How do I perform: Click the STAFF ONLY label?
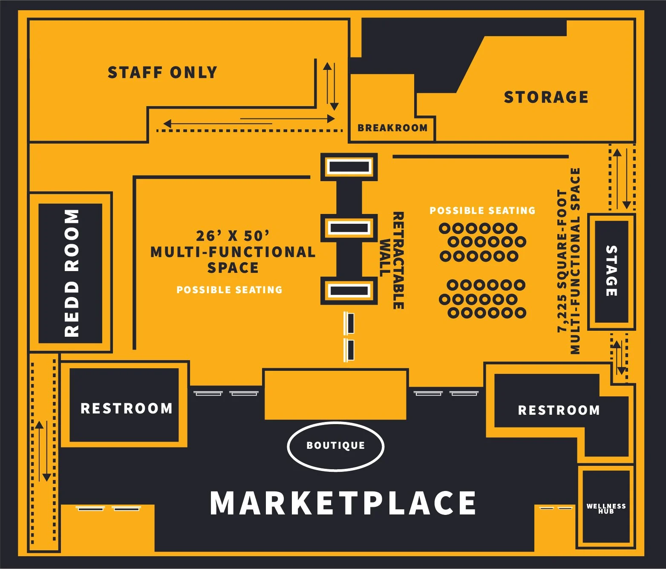pyautogui.click(x=162, y=72)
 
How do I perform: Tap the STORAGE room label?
pyautogui.click(x=546, y=97)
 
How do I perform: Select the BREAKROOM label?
pyautogui.click(x=392, y=128)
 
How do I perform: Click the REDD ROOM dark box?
pyautogui.click(x=71, y=273)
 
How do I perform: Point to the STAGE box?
pyautogui.click(x=611, y=272)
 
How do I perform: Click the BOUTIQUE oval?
pyautogui.click(x=336, y=446)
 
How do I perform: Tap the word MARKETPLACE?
pyautogui.click(x=343, y=503)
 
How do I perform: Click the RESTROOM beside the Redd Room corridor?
pyautogui.click(x=126, y=408)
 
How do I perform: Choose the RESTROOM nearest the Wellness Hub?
pyautogui.click(x=559, y=410)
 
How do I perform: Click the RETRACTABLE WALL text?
pyautogui.click(x=392, y=260)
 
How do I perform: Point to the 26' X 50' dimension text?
pyautogui.click(x=233, y=236)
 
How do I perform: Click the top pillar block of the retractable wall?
pyautogui.click(x=349, y=166)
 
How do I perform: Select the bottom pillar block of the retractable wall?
pyautogui.click(x=349, y=291)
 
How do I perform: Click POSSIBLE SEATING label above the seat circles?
pyautogui.click(x=482, y=211)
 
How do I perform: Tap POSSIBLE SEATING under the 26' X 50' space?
pyautogui.click(x=229, y=290)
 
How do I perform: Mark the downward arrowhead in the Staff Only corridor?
pyautogui.click(x=334, y=107)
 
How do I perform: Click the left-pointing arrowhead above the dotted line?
pyautogui.click(x=167, y=124)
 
